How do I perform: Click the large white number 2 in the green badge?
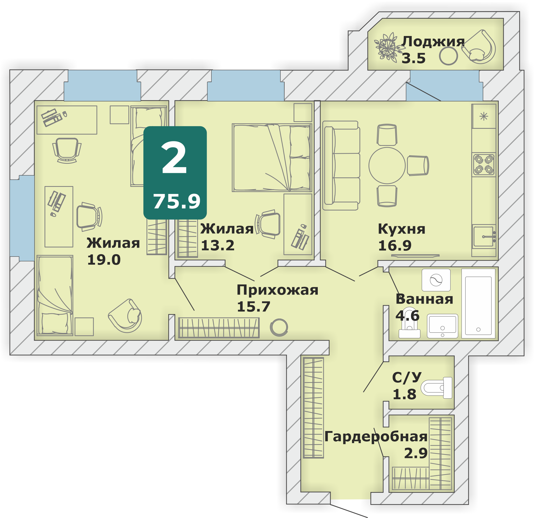(174, 158)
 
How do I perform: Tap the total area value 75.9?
(177, 202)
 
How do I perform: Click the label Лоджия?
(433, 42)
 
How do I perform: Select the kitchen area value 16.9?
(395, 245)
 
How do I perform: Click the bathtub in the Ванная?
(478, 304)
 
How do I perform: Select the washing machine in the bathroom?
(436, 280)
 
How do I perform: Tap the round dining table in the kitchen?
(387, 166)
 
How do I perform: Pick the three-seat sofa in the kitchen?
(341, 166)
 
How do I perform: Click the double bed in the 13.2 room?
(272, 158)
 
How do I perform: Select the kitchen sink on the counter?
(484, 236)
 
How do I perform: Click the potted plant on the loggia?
(388, 47)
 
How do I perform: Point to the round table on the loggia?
(449, 56)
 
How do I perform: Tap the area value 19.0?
(104, 260)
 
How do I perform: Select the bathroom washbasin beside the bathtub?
(442, 326)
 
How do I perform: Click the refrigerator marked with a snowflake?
(484, 116)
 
